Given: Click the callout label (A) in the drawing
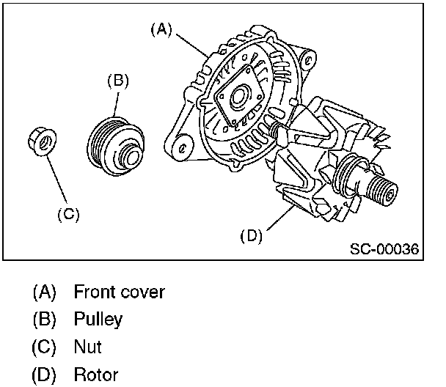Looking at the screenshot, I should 161,29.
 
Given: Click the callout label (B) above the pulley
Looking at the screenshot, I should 118,80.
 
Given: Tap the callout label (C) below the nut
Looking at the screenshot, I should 67,214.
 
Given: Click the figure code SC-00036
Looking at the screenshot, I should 384,249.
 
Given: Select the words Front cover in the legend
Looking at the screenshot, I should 119,292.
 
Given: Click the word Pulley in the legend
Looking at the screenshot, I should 98,319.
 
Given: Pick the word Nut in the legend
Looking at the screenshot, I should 87,347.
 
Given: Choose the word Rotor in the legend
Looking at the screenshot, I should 95,375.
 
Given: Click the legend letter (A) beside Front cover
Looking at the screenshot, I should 44,292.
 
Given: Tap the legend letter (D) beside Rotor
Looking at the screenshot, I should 44,375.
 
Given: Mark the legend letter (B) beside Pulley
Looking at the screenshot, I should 44,319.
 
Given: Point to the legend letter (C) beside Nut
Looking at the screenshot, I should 44,347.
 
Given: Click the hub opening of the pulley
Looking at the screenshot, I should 130,155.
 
